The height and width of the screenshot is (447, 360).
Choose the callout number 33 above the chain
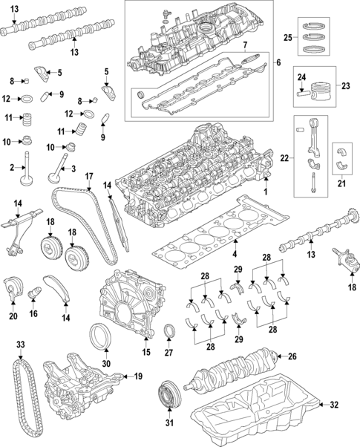[x=20, y=345]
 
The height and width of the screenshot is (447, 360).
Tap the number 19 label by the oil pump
[x=137, y=376]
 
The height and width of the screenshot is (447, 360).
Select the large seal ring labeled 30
[x=100, y=337]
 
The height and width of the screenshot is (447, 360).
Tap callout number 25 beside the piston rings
[x=288, y=36]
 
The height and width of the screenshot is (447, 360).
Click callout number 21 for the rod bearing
[x=342, y=183]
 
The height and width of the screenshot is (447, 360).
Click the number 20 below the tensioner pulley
[x=12, y=316]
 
